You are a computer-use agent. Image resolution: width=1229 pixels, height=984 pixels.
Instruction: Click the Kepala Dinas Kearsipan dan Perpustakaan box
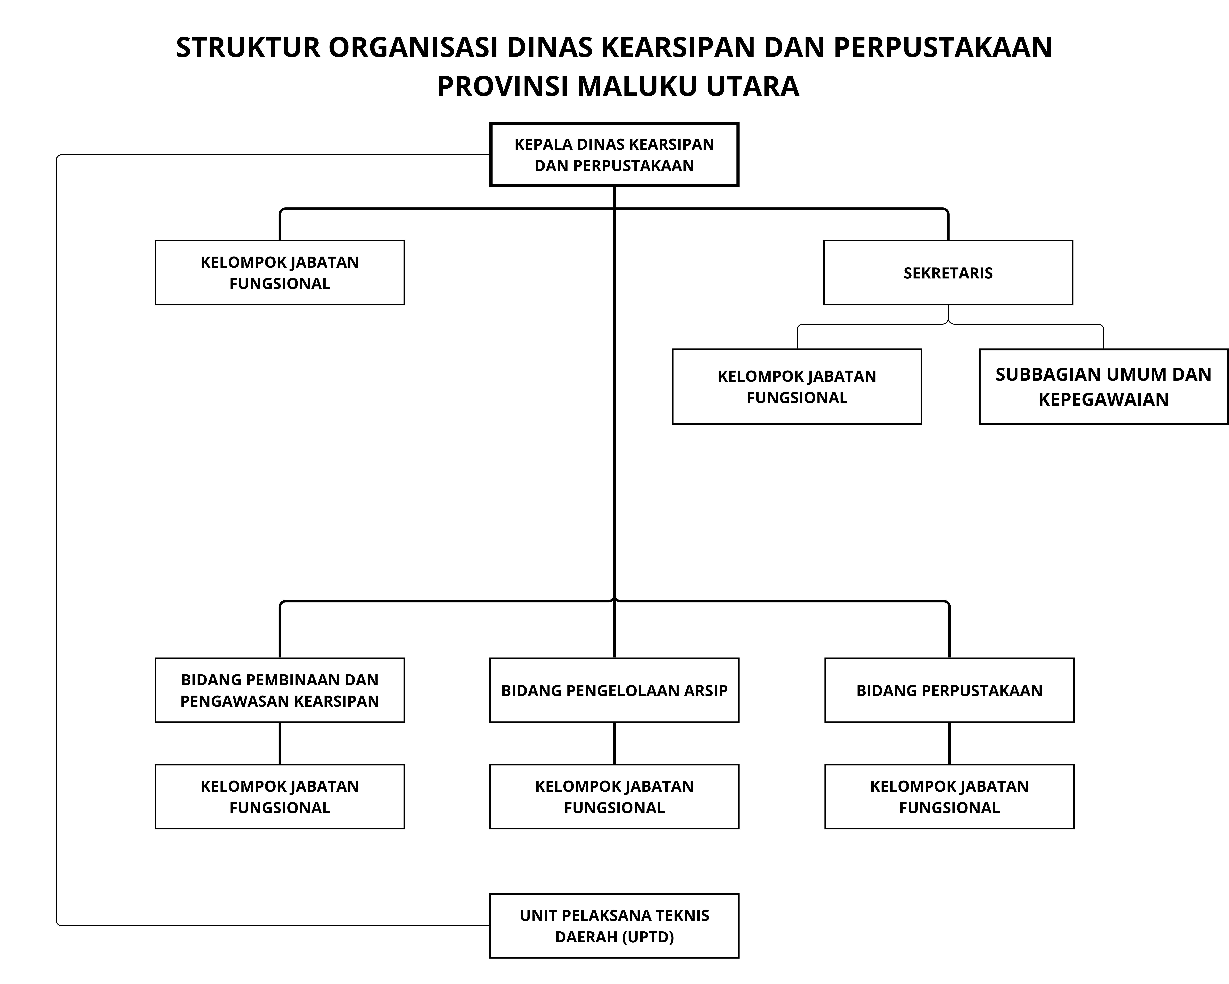614,155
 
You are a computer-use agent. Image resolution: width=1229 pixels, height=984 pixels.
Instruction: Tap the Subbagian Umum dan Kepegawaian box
1103,387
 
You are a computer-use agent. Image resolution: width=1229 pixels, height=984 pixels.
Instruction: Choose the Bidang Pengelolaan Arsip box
614,690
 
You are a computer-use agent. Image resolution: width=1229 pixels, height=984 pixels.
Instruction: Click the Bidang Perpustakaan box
949,690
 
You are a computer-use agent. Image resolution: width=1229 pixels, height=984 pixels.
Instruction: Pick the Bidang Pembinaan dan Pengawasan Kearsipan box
279,690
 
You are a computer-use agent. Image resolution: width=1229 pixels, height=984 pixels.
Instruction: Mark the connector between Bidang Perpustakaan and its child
949,743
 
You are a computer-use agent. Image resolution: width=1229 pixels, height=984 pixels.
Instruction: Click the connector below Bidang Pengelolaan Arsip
614,743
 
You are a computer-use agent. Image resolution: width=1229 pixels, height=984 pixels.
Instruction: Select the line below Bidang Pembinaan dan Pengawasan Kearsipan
279,743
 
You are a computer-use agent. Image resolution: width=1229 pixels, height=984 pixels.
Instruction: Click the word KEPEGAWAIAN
1103,399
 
